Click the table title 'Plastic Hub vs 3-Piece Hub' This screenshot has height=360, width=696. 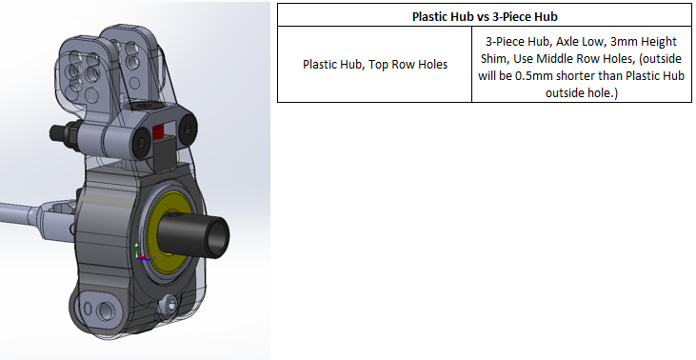(x=483, y=16)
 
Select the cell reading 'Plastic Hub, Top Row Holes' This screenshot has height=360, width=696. (x=374, y=65)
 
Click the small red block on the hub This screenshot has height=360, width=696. (x=160, y=130)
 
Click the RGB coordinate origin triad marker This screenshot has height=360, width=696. (x=140, y=253)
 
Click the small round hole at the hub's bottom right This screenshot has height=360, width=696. (x=170, y=304)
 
